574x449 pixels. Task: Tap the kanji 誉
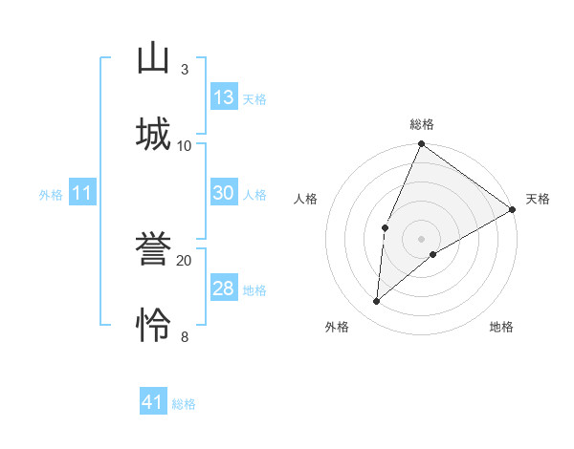pos(153,249)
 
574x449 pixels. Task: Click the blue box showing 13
pos(224,97)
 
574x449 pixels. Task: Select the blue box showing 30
pos(224,193)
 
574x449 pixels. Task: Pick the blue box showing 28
pos(224,289)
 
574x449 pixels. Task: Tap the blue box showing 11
pos(82,193)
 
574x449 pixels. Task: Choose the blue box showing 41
pos(153,402)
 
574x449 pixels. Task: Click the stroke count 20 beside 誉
pos(185,260)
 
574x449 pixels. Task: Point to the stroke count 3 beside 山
pos(185,70)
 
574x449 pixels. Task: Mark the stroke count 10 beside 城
pos(185,145)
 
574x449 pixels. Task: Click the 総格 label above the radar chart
pos(422,124)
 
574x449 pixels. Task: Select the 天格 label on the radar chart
pos(538,199)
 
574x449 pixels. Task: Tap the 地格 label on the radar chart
pos(501,328)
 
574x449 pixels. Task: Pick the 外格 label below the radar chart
pos(337,328)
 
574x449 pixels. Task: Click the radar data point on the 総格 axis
pos(421,145)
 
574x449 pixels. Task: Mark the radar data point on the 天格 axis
pos(512,209)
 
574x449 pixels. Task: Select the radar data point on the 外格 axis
pos(377,301)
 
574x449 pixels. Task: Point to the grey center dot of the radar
pos(421,238)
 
